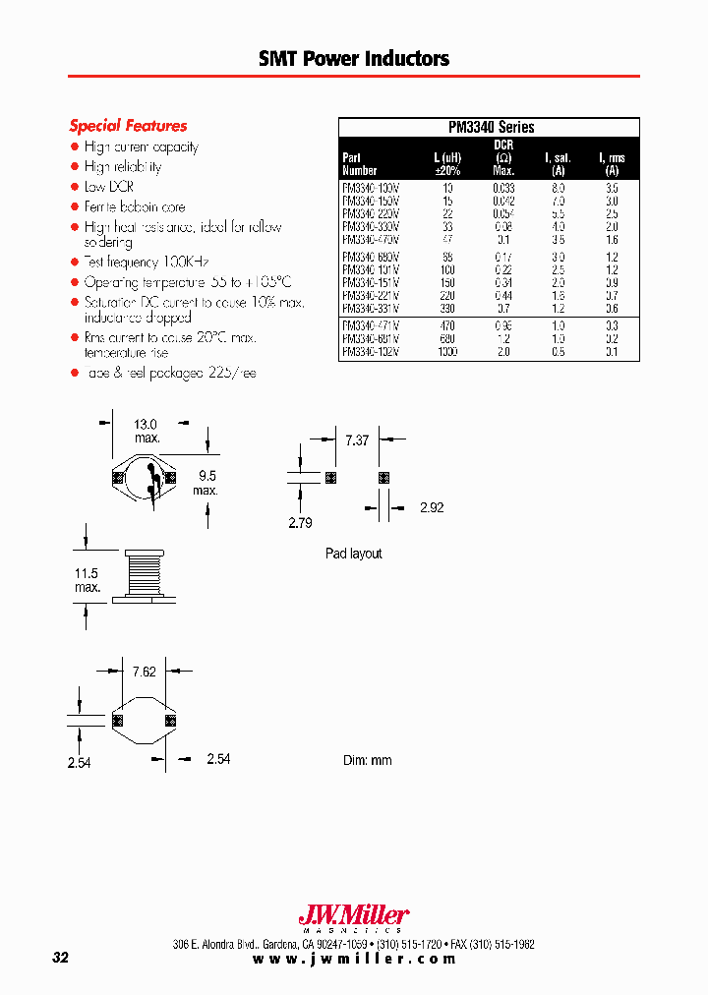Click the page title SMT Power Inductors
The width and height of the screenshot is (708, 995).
[354, 59]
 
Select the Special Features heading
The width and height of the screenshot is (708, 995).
[128, 126]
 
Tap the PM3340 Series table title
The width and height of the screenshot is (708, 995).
[490, 127]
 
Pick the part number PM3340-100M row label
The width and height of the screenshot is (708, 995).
[371, 186]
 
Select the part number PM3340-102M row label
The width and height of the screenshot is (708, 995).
[371, 352]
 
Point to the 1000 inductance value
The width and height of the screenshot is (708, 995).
[447, 352]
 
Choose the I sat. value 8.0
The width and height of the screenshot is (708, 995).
[559, 186]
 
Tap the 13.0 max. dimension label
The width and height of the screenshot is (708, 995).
[147, 431]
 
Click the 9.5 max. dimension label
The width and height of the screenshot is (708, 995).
[205, 482]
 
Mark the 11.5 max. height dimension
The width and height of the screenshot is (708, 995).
[88, 580]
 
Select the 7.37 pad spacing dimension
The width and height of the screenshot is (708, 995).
[356, 441]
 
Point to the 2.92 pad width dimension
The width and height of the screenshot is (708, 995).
[433, 508]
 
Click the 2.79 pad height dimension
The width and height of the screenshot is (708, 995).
[300, 523]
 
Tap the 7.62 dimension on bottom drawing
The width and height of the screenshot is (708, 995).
[145, 673]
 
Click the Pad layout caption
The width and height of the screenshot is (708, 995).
[353, 555]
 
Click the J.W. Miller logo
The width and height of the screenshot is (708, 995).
[353, 917]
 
